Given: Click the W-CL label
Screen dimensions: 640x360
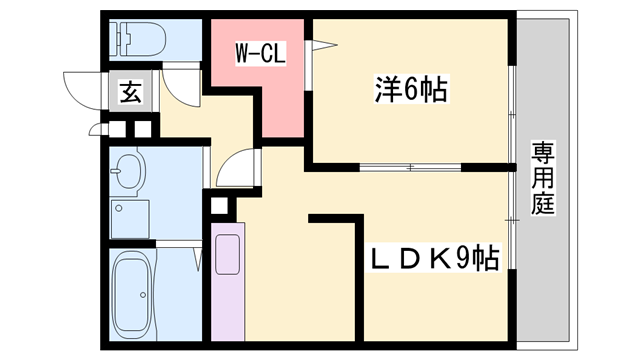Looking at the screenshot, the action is coord(261,53).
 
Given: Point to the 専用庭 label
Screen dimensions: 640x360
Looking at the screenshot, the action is coord(543,180).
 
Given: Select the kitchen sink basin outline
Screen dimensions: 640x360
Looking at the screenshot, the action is coord(228,254).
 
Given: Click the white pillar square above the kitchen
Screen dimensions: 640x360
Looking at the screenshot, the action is coord(220,207).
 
